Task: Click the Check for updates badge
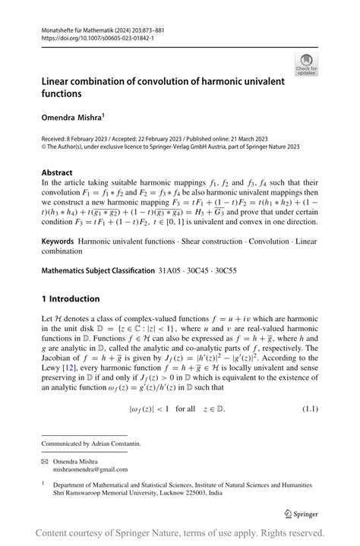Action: pos(307,65)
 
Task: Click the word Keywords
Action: pos(58,240)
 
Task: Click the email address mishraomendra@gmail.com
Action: pos(99,469)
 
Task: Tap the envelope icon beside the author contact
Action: pos(46,460)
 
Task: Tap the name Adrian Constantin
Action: pos(120,443)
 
